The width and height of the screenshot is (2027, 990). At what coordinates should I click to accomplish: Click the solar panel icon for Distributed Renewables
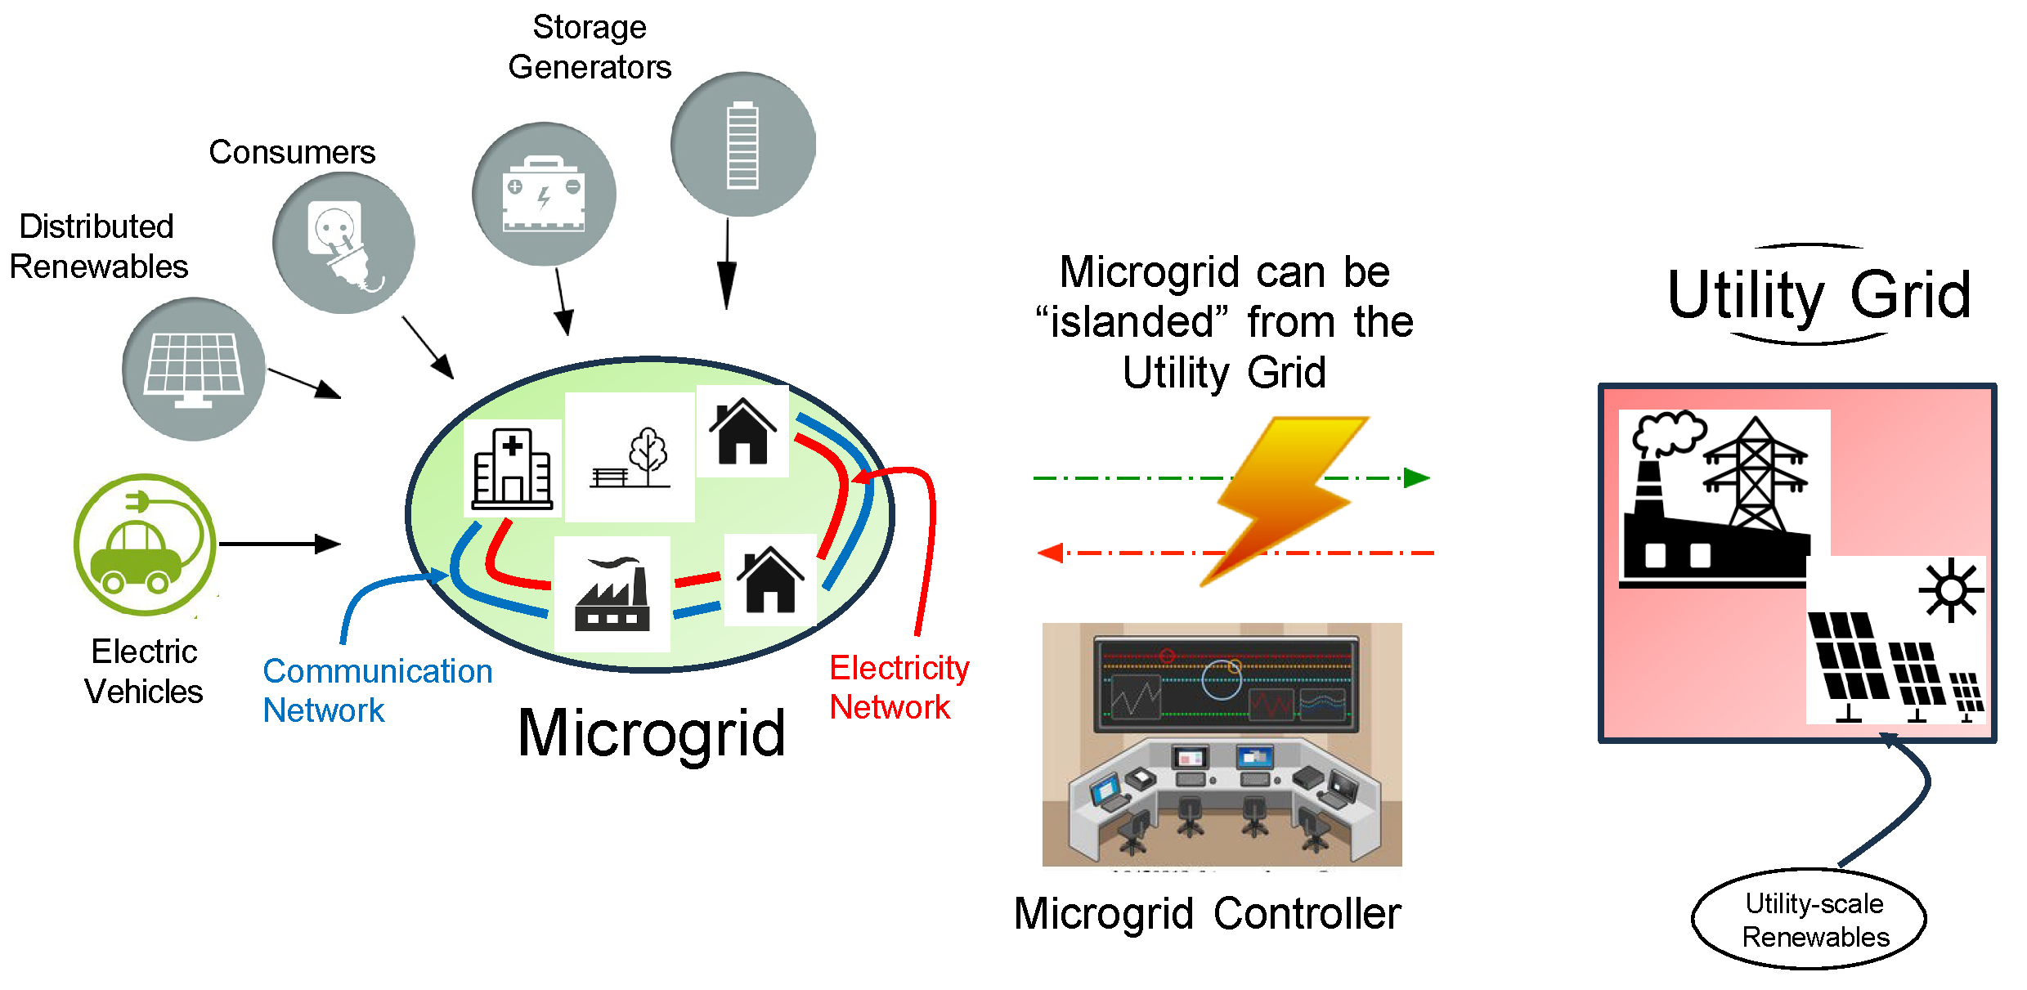pyautogui.click(x=194, y=370)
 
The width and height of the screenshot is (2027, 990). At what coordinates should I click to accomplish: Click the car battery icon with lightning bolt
pyautogui.click(x=544, y=195)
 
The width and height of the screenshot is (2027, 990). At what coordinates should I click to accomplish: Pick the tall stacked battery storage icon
pyautogui.click(x=742, y=145)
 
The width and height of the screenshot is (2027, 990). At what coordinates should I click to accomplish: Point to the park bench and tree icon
pyautogui.click(x=630, y=458)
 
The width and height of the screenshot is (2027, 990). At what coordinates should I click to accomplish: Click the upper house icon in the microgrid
pyautogui.click(x=742, y=431)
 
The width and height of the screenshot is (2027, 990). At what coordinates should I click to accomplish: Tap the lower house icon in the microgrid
pyautogui.click(x=769, y=580)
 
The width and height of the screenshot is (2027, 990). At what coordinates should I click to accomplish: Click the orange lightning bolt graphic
pyautogui.click(x=1284, y=499)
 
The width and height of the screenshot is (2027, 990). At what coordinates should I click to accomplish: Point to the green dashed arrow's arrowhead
pyautogui.click(x=1417, y=478)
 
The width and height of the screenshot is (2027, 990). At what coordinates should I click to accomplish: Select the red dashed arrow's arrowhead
pyautogui.click(x=1050, y=553)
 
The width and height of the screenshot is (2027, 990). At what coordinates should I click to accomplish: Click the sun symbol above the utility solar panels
pyautogui.click(x=1951, y=590)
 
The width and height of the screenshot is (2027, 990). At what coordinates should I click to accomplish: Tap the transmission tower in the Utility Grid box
pyautogui.click(x=1755, y=474)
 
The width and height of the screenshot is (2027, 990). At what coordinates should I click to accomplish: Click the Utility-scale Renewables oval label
pyautogui.click(x=1809, y=920)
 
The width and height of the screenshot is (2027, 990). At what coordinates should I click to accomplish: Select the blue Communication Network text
pyautogui.click(x=377, y=691)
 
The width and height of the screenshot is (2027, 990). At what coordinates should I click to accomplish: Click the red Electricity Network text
pyautogui.click(x=899, y=688)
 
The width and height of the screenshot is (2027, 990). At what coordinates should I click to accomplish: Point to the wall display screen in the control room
pyautogui.click(x=1225, y=683)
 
